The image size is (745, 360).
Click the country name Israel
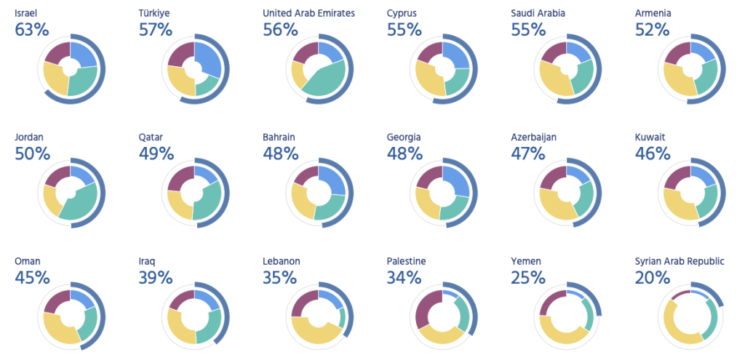pos(25,13)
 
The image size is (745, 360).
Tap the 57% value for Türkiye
pos(155,30)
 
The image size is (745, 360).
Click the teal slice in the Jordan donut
pos(83,200)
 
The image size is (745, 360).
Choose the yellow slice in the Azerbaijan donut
pos(554,204)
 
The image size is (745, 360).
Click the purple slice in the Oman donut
pos(57,303)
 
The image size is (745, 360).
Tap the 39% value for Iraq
pos(155,277)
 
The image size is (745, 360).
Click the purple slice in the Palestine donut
pos(423,307)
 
